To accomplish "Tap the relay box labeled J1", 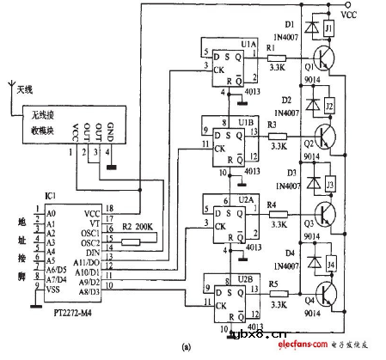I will click(328, 31).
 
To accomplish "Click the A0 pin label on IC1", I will click(51, 211).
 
